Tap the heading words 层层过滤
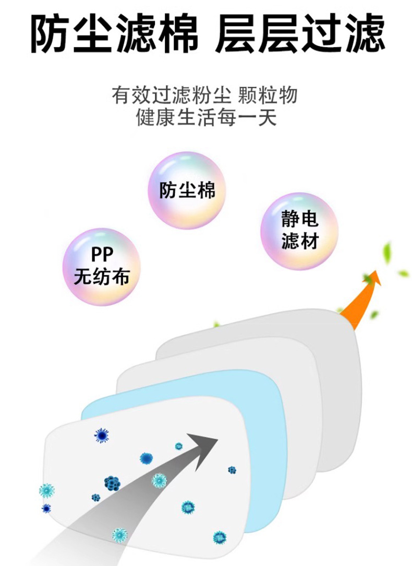click(299, 33)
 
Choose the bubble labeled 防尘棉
click(187, 190)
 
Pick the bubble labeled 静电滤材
click(299, 231)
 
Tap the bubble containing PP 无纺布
click(101, 266)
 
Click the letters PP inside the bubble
click(101, 255)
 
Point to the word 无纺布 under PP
click(101, 277)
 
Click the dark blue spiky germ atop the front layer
click(101, 435)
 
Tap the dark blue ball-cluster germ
click(112, 482)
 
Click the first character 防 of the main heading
click(50, 33)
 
